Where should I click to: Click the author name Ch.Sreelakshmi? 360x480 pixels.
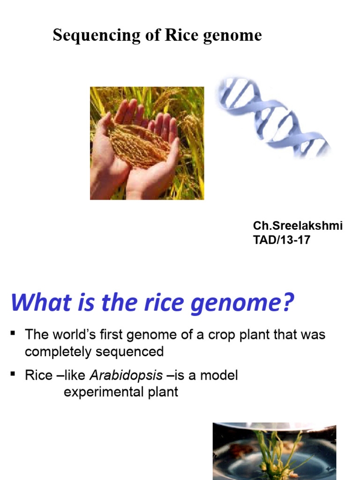point(298,225)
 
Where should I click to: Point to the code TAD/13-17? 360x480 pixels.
point(282,240)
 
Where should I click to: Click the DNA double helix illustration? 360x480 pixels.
point(272,118)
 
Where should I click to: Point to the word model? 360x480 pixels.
point(219,375)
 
